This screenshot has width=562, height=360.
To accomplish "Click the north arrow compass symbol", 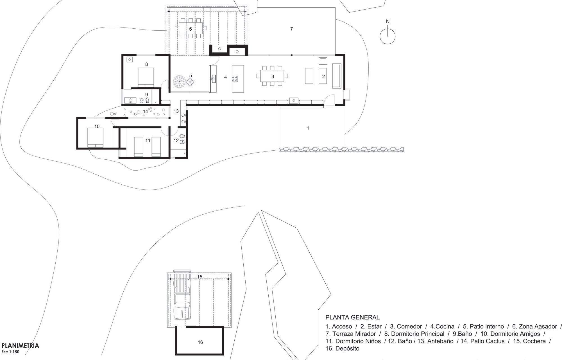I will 387,36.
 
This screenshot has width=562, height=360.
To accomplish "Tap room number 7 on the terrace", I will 291,29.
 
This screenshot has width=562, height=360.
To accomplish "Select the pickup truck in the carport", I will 182,298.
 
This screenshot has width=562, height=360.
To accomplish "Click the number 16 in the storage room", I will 200,342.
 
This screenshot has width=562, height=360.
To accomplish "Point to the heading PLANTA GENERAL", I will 352,317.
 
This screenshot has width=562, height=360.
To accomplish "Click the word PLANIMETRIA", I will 20,346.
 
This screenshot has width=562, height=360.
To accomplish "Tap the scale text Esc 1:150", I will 10,352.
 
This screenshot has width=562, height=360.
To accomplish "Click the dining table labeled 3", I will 272,76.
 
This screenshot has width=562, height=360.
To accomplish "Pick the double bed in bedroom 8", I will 146,77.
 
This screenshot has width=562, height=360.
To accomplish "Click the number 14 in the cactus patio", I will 145,112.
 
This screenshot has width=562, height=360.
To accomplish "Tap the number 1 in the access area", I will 308,128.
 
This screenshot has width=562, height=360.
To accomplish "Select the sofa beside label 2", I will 336,76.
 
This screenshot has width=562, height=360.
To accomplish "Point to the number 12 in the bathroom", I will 176,140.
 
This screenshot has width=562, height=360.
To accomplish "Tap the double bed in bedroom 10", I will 95,137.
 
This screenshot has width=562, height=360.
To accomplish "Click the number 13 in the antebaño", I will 176,111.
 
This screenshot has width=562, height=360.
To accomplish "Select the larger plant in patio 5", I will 179,81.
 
